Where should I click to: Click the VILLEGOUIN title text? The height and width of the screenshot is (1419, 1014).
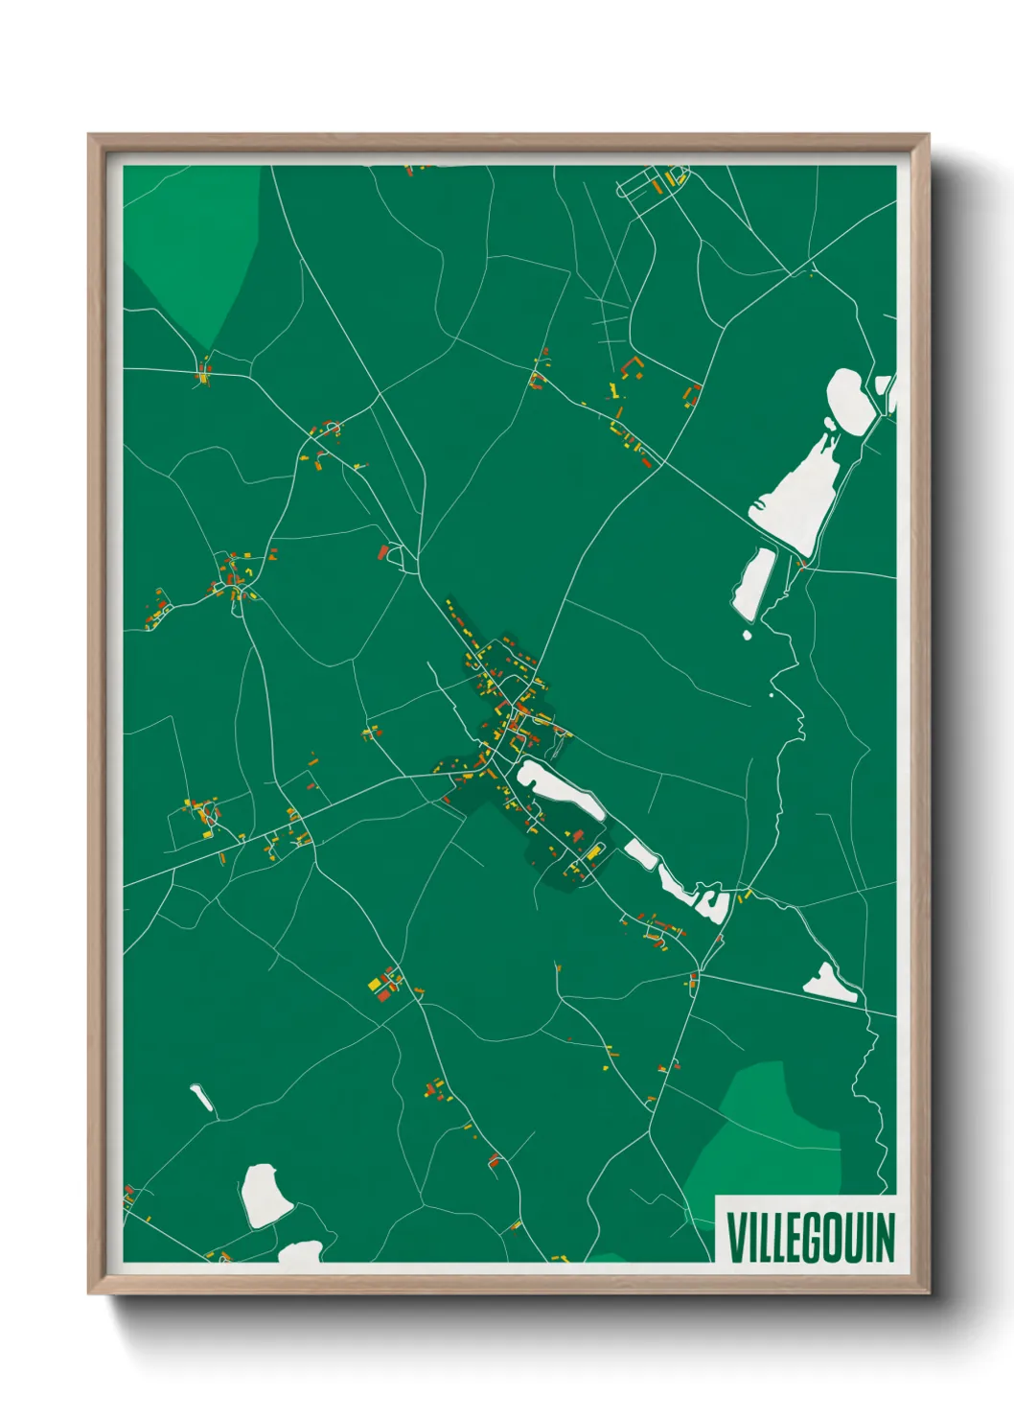pos(810,1237)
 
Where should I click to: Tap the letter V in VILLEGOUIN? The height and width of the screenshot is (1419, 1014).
pos(736,1237)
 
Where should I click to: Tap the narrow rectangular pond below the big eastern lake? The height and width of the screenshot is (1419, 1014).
pos(754,584)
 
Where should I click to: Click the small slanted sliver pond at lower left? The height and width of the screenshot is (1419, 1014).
pos(202,1098)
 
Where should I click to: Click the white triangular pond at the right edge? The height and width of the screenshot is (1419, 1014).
pos(829,985)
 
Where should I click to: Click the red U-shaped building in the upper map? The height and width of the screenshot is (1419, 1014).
pos(632,367)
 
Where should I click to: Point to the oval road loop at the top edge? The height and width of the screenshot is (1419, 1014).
pos(652,182)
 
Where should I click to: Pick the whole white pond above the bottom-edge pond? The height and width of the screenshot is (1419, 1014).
pos(265,1195)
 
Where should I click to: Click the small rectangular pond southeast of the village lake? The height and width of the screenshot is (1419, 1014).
pos(640,852)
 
